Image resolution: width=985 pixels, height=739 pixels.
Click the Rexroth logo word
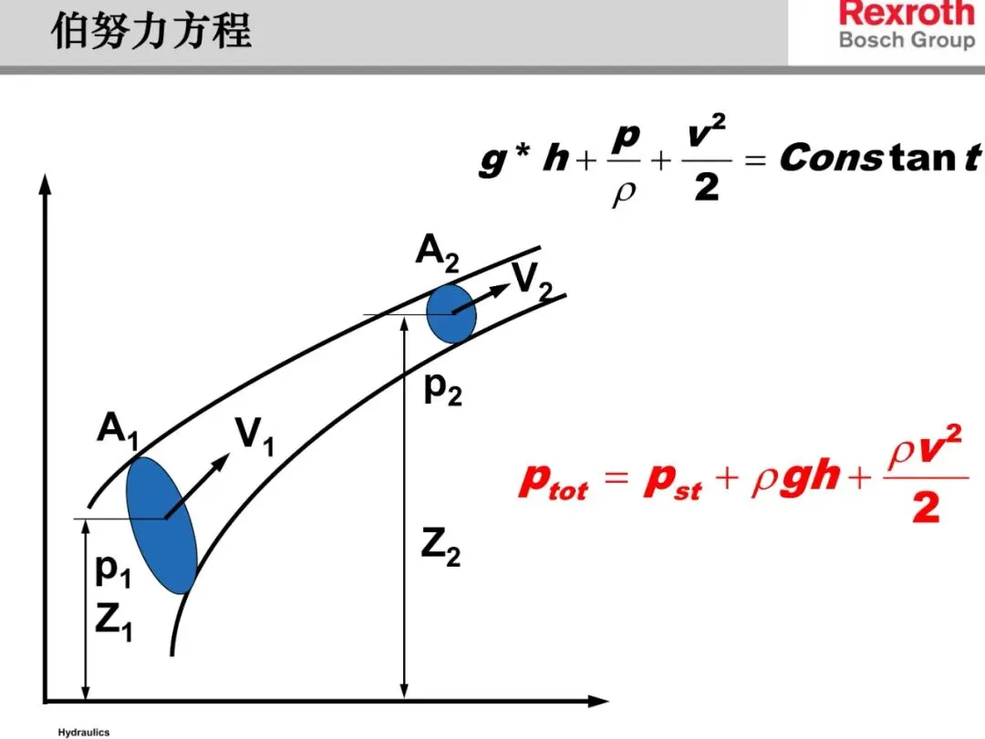pos(906,14)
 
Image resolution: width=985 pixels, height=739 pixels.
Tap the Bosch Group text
pos(906,40)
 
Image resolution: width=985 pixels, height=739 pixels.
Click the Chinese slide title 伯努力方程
pos(150,32)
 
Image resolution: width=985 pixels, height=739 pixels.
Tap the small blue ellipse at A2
pos(451,313)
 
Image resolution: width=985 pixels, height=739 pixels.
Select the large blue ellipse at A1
pos(162,524)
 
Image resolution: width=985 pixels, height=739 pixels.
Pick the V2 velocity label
pos(532,281)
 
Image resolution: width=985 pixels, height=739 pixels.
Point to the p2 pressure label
pos(443,389)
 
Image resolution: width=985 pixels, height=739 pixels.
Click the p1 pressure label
pos(114,572)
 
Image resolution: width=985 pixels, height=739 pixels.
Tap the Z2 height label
pos(441,548)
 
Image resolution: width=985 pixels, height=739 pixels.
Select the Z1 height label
pos(114,622)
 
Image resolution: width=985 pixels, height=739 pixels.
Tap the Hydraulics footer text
pos(83,732)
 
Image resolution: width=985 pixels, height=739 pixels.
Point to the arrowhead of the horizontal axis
pos(599,702)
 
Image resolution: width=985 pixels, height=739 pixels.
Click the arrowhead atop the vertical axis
pos(44,183)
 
